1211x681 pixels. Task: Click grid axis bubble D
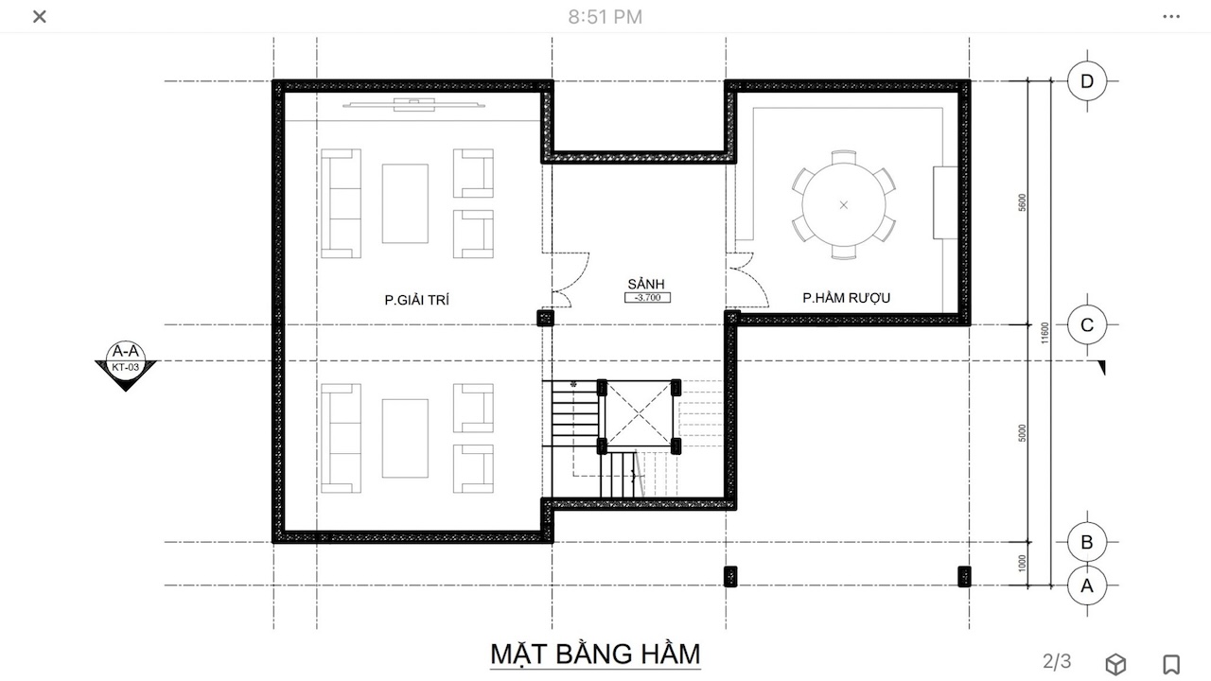point(1087,81)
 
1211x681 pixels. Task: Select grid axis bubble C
point(1087,324)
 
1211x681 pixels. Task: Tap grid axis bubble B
point(1087,542)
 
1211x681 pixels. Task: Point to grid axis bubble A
point(1087,585)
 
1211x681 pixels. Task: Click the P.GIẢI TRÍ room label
point(417,300)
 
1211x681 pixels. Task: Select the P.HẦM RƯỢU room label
point(846,298)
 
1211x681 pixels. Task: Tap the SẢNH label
point(646,283)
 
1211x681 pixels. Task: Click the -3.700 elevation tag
point(648,297)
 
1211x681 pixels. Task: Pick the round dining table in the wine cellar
point(844,205)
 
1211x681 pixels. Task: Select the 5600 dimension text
point(1022,202)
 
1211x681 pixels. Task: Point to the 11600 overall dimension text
point(1044,333)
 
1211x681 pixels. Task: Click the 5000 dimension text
point(1022,433)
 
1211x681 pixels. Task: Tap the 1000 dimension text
point(1022,563)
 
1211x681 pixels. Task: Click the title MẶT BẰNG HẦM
point(595,654)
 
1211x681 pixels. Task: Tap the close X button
point(40,17)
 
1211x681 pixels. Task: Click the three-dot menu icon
point(1171,17)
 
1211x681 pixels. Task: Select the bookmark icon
point(1171,664)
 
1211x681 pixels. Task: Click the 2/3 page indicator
point(1057,661)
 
